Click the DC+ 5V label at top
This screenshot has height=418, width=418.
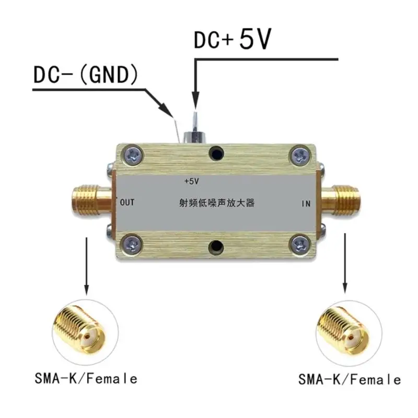pos(233,40)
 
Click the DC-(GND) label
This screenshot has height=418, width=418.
pos(86,75)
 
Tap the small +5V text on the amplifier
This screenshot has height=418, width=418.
pos(192,181)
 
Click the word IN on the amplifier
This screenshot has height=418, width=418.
pos(307,203)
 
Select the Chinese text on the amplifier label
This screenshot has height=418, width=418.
pos(216,203)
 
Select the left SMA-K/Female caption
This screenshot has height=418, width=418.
pos(86,378)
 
